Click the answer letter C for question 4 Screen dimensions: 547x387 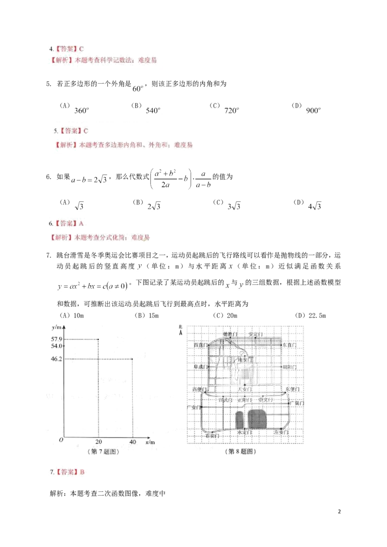(x=81, y=49)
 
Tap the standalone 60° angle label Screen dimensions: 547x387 (x=138, y=88)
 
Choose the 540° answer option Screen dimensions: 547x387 (x=153, y=111)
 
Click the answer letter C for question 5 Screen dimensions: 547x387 (x=86, y=131)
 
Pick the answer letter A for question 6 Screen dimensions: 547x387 (x=81, y=224)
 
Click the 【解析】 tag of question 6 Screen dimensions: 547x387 (x=60, y=237)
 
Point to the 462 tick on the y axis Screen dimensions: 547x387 (x=57, y=359)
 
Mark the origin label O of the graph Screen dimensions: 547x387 (x=61, y=441)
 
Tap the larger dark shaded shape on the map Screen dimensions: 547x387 (x=256, y=419)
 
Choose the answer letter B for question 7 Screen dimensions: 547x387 (x=82, y=473)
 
